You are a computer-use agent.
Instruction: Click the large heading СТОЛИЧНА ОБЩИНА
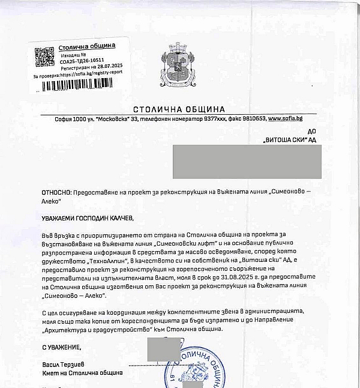pyautogui.click(x=179, y=109)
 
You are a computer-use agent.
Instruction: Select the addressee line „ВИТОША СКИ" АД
pyautogui.click(x=289, y=139)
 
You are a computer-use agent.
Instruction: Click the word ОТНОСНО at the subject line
pyautogui.click(x=56, y=191)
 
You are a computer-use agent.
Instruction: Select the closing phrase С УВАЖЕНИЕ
pyautogui.click(x=62, y=347)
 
